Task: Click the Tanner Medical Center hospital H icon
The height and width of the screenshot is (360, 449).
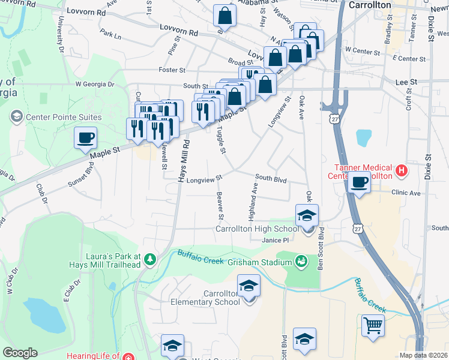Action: coord(402,172)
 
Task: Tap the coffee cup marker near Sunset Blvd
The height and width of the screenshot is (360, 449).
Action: coord(85,137)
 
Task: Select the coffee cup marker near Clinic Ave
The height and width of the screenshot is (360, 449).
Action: coord(360,182)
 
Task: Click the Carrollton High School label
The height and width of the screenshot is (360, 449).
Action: coord(257,229)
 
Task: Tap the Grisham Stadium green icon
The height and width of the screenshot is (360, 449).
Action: coord(301,261)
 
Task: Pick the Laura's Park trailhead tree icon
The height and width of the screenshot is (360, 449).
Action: coord(149,259)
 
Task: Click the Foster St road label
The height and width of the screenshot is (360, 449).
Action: coord(171,70)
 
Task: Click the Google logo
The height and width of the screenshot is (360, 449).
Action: coord(20,352)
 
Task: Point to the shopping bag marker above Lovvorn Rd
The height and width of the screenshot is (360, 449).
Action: coord(225,16)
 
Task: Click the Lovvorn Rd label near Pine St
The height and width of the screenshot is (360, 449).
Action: coord(178,28)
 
